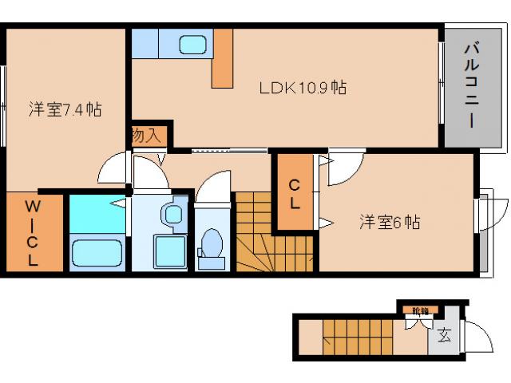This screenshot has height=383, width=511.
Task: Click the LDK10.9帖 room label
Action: point(302,88)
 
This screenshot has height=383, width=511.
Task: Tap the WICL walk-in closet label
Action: point(33,231)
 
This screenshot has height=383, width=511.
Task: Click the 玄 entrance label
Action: point(444,336)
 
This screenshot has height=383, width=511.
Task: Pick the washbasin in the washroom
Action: point(171,215)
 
